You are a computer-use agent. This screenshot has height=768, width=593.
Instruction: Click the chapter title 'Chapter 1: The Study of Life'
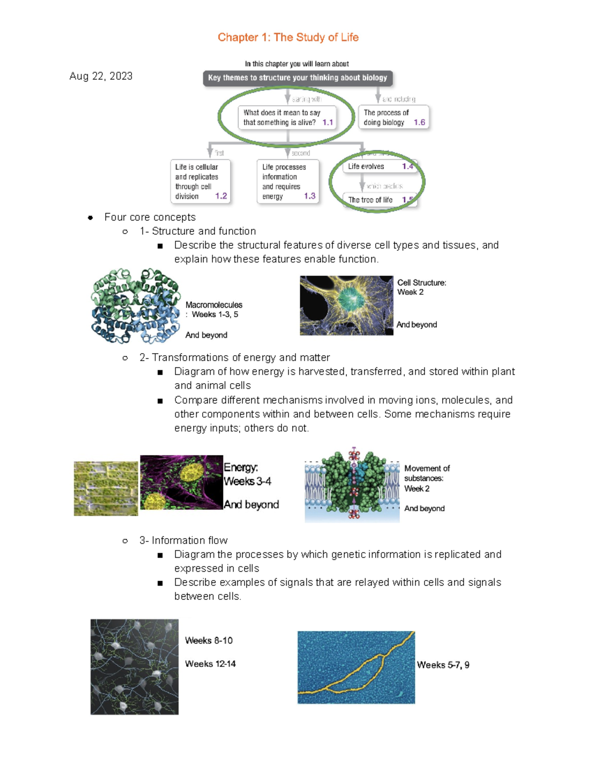click(x=288, y=38)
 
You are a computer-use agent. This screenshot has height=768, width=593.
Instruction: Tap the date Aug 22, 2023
click(x=101, y=76)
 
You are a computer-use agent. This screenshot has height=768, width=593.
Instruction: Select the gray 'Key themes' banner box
click(x=297, y=78)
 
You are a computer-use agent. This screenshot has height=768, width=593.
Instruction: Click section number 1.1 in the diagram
click(x=328, y=123)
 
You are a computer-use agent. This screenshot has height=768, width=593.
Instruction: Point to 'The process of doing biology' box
click(x=393, y=118)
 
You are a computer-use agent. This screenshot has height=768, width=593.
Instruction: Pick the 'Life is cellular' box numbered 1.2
click(x=200, y=181)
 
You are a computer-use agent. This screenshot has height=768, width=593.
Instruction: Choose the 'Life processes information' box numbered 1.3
click(x=288, y=181)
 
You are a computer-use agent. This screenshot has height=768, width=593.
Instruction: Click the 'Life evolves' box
click(x=380, y=167)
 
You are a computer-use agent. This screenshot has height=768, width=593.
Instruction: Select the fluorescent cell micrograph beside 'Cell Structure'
click(x=346, y=306)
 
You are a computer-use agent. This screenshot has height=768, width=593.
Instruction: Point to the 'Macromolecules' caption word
click(x=214, y=305)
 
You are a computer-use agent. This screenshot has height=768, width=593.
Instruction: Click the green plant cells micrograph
click(x=106, y=489)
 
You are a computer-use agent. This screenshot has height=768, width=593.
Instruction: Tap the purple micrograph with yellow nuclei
click(x=181, y=482)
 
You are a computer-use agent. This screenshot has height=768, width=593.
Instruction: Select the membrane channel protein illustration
click(x=352, y=485)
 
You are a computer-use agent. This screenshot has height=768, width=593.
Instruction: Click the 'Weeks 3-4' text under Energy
click(x=247, y=481)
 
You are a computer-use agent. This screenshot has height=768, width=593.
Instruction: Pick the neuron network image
click(x=134, y=667)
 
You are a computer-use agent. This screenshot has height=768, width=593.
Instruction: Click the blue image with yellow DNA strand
click(x=356, y=667)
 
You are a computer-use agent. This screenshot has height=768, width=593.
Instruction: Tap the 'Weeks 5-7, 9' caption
click(x=443, y=665)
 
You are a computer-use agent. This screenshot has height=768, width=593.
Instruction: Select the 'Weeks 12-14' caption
click(x=210, y=664)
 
